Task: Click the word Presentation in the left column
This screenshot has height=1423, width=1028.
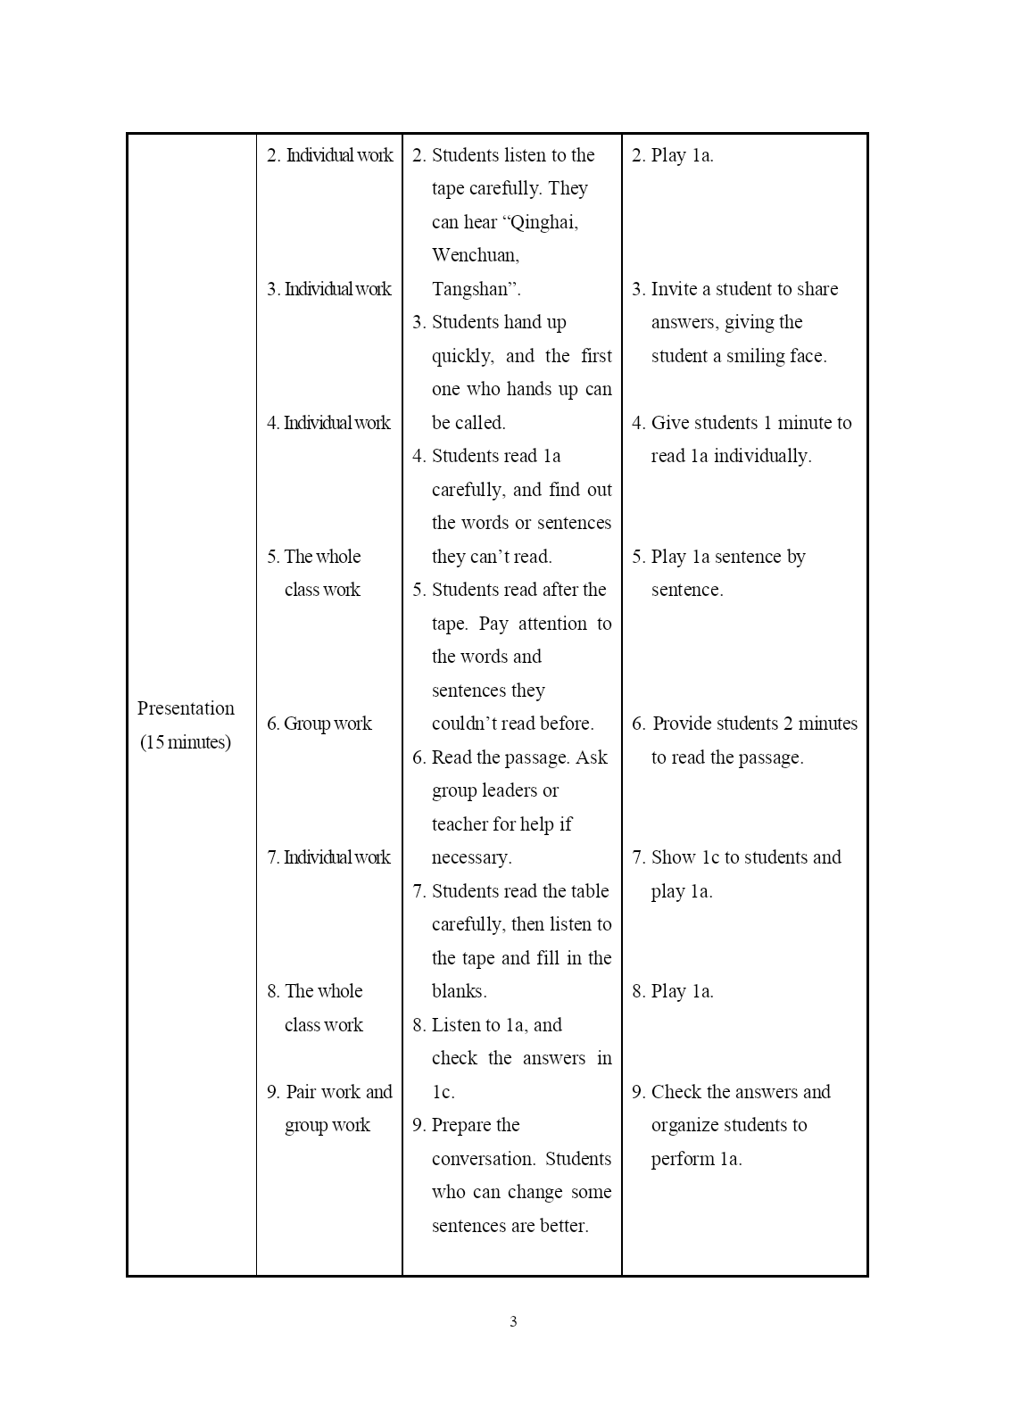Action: [x=186, y=708]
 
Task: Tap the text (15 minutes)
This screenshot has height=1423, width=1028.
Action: [x=186, y=742]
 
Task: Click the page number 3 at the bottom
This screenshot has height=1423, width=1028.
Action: [x=513, y=1321]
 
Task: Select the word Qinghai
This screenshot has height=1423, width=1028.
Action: [x=545, y=222]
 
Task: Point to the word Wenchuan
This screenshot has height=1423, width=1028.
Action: [x=475, y=255]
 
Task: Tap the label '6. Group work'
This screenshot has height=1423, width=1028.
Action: [x=319, y=724]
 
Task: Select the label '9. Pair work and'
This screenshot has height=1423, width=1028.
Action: [x=329, y=1092]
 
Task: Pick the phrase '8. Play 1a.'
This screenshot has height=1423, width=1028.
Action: [x=673, y=991]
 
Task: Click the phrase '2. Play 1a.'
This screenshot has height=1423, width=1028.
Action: [x=673, y=155]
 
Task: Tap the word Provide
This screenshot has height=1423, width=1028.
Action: [x=686, y=724]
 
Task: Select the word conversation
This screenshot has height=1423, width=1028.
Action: [x=483, y=1159]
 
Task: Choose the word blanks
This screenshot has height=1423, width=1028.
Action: [x=459, y=991]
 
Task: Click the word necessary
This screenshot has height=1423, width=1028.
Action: [x=471, y=857]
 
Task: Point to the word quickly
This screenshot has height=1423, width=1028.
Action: [x=462, y=356]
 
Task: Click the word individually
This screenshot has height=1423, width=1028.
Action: [x=762, y=456]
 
